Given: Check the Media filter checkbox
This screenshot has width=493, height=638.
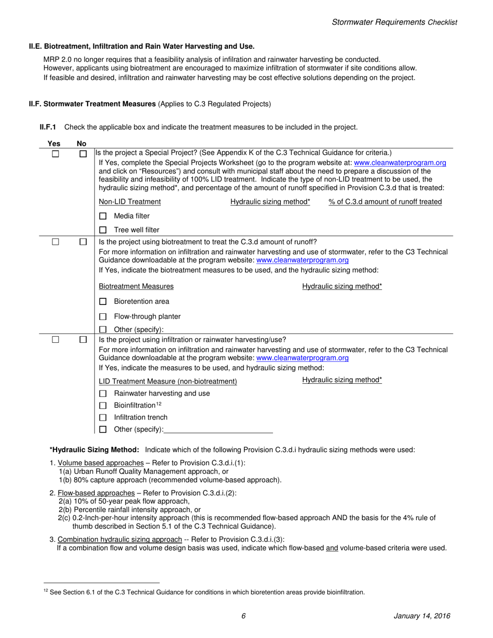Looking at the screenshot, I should pos(103,216).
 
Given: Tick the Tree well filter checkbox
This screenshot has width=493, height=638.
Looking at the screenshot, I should pos(103,230).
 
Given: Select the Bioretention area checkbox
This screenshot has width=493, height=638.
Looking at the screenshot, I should pos(103,301).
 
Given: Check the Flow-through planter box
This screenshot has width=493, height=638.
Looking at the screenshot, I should pos(103,316).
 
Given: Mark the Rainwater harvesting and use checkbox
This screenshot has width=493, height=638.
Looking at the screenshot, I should pos(103,394).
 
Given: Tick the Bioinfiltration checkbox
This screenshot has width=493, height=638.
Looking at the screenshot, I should pos(103,406).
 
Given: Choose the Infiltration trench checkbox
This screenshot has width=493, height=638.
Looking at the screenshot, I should pos(103,418).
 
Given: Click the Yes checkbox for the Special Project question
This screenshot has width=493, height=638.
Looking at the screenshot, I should pos(56,154).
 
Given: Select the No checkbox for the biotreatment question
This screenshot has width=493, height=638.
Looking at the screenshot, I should pos(83,242).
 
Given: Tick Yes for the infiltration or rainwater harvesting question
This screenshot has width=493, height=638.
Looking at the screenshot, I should pos(56,340).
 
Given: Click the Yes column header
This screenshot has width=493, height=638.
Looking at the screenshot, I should pos(54,144).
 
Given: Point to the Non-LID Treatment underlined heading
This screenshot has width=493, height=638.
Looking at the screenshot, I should pos(130,202).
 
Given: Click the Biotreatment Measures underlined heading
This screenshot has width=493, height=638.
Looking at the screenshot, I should pos(136,286).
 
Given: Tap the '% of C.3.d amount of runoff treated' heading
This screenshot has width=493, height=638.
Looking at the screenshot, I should pos(385,202).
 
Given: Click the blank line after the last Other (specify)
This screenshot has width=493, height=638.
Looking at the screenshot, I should pos(218,430).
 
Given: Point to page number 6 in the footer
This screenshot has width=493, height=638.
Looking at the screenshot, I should pos(243,616).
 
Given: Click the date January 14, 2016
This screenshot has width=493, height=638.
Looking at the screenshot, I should pos(421,616).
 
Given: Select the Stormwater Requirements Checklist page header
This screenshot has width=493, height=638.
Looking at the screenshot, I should pos(394,22).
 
